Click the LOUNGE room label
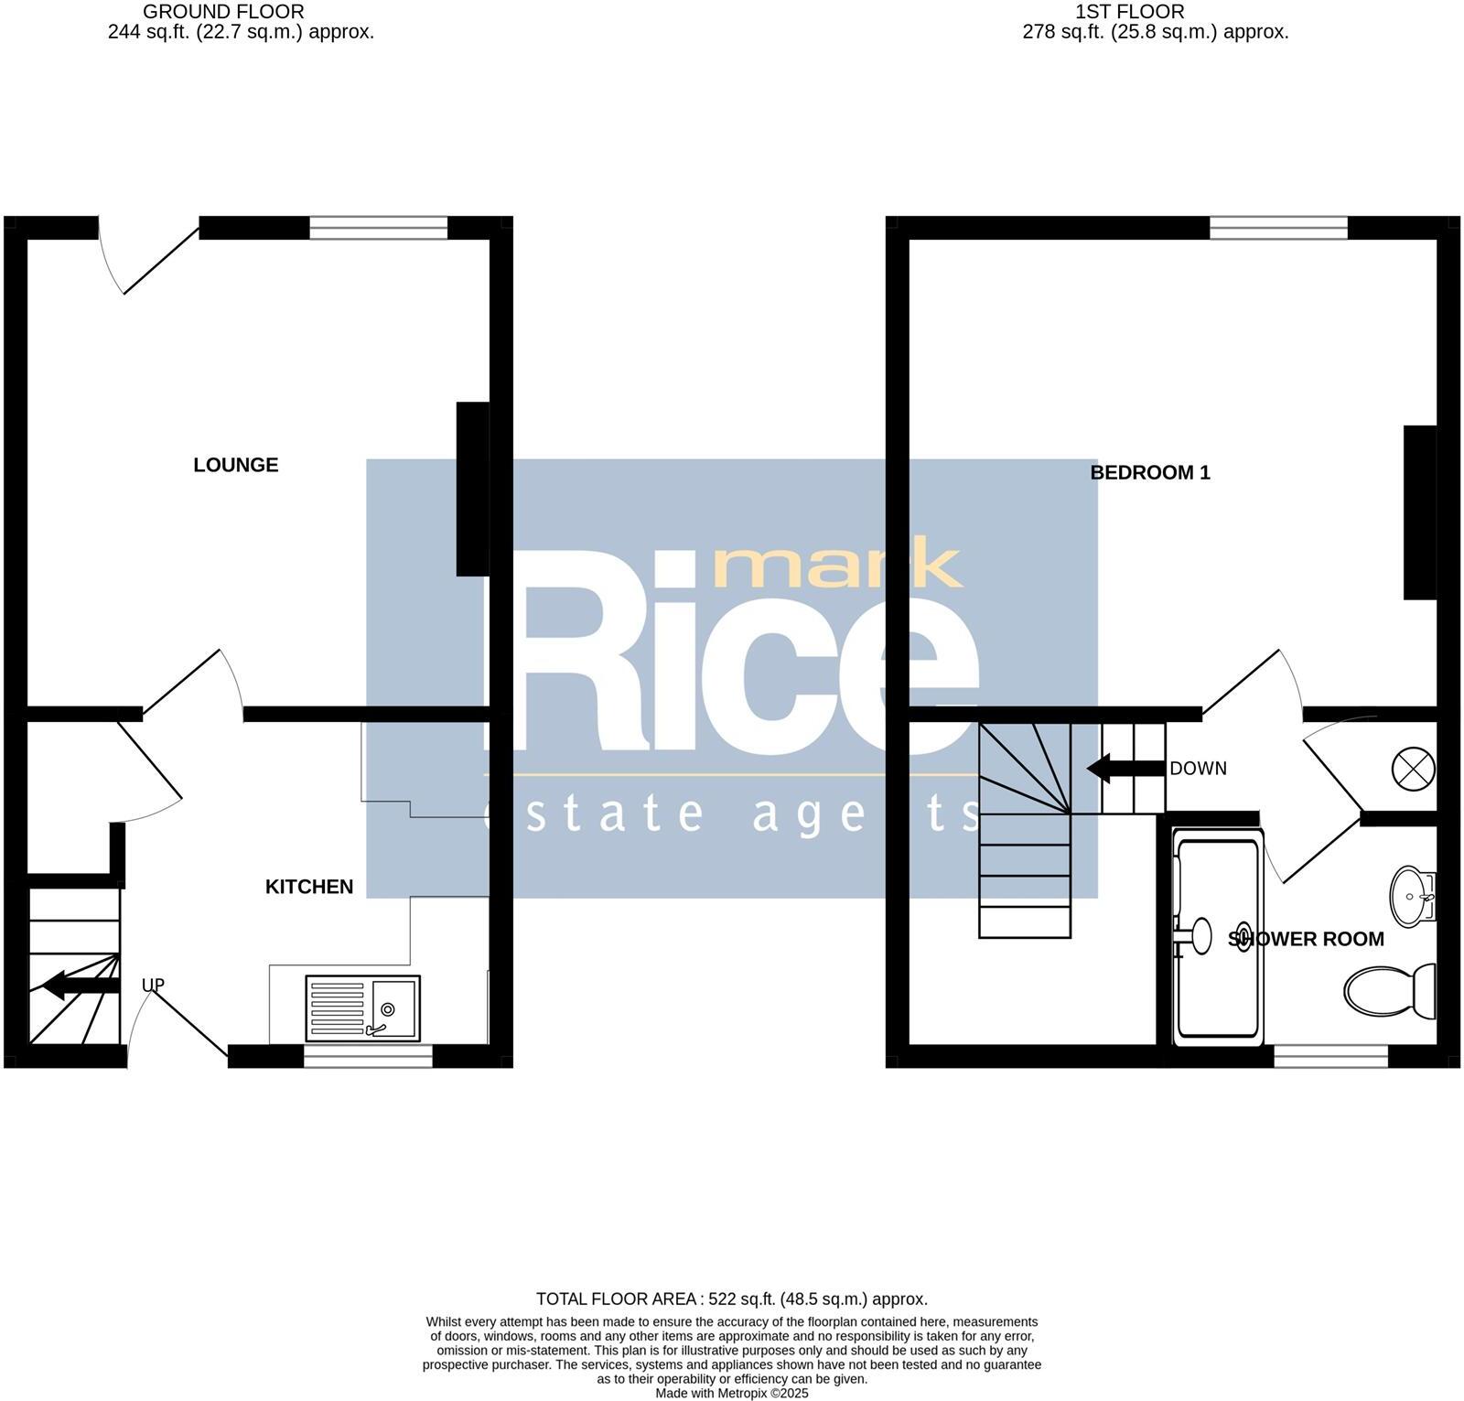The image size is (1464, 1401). [235, 465]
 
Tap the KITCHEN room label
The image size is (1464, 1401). [308, 887]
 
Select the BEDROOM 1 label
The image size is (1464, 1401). [1149, 473]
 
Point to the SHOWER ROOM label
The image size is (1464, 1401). [1305, 939]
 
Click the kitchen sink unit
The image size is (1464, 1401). [362, 1008]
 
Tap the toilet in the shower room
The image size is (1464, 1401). [1391, 991]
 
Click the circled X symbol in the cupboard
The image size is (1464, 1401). [1413, 768]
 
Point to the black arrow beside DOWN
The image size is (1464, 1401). [1111, 769]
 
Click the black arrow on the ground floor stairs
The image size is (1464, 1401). [81, 986]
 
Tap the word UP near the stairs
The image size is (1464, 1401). [153, 986]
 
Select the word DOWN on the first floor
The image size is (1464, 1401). [1198, 769]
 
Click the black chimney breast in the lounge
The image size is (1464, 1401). [472, 490]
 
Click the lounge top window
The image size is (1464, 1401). [378, 228]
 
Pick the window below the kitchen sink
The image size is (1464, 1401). [368, 1057]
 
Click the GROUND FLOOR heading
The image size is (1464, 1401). [223, 12]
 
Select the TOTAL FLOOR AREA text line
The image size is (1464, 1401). [731, 1299]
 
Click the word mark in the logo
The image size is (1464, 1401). [836, 565]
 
